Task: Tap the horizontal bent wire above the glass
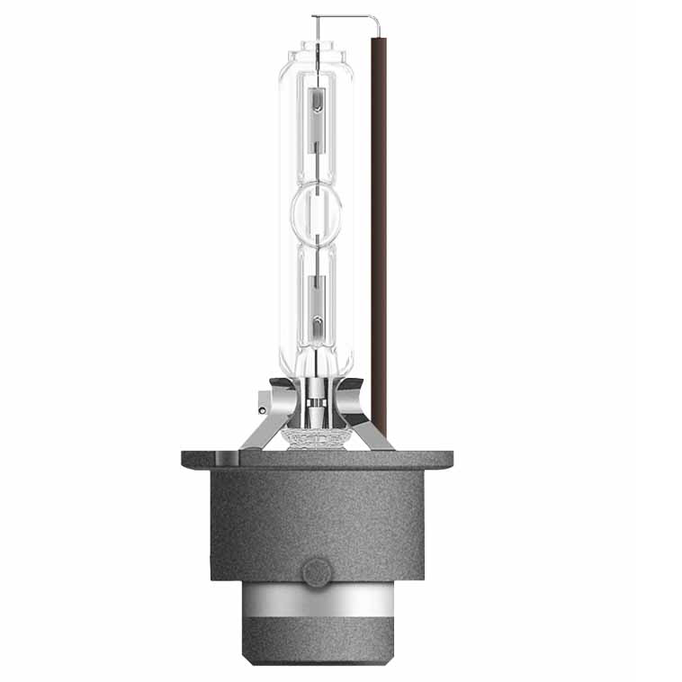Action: click(x=342, y=16)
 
